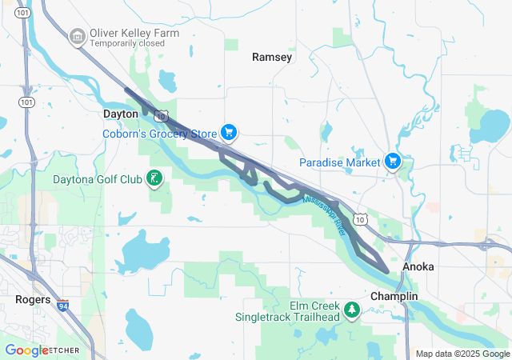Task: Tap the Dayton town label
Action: (121, 114)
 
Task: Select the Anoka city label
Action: (418, 266)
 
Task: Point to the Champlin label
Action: (394, 296)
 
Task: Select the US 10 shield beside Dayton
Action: (161, 116)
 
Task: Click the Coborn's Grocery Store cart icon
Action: (229, 132)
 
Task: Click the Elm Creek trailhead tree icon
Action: (350, 310)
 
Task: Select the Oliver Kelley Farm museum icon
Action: (78, 35)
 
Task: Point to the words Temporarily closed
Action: (127, 44)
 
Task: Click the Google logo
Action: (26, 350)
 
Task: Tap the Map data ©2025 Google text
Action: (462, 354)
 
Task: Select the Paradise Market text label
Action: (339, 162)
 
